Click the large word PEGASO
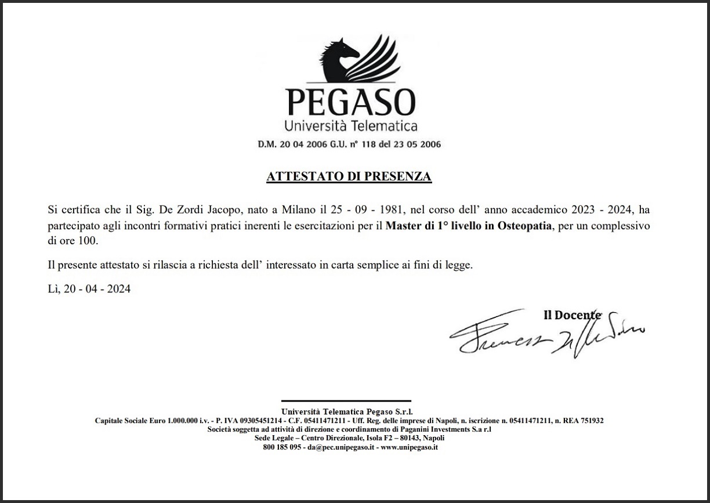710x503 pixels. (x=351, y=102)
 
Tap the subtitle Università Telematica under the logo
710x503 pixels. (x=351, y=125)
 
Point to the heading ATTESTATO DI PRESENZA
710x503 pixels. (x=349, y=176)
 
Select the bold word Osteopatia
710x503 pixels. (x=524, y=225)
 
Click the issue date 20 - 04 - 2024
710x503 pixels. (x=97, y=289)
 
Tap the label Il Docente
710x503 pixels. (x=572, y=315)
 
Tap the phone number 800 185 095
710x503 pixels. (x=282, y=448)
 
